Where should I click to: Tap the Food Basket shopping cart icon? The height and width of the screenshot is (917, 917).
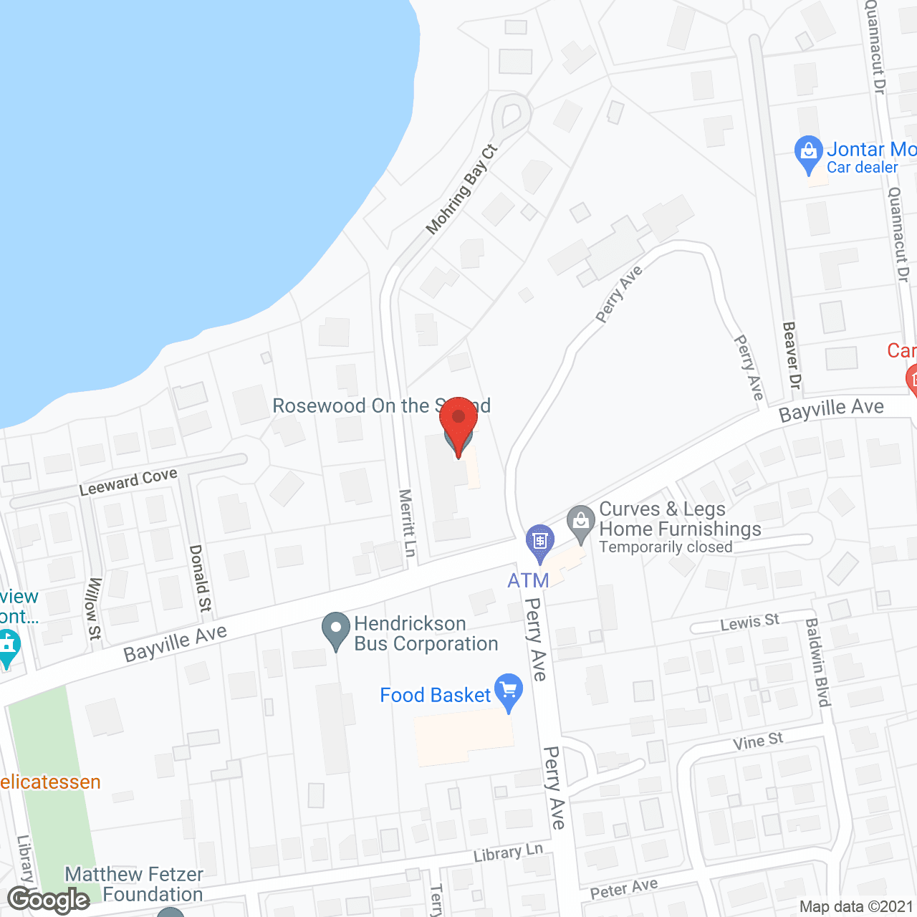point(509,691)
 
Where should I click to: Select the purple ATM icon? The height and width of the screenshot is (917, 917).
point(539,542)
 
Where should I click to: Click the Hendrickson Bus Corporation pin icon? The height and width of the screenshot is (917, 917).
point(335,630)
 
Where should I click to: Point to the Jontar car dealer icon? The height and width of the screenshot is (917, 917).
point(808,153)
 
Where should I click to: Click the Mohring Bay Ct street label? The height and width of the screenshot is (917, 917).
point(461,190)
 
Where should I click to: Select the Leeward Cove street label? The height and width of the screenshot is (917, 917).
point(128,482)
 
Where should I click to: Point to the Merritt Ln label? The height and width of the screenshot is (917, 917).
point(407,523)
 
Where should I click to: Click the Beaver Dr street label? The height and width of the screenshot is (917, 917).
point(791,355)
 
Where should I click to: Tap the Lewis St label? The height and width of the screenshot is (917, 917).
point(749,622)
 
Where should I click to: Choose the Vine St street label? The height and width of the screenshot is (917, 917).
point(758,741)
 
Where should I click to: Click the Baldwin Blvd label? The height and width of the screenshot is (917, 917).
point(817,663)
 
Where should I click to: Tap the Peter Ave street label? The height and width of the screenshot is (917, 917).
point(623,889)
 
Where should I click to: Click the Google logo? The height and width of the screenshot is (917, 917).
point(49,900)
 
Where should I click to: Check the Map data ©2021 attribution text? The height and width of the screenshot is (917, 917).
point(856,907)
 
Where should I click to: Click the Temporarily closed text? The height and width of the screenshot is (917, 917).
point(666,547)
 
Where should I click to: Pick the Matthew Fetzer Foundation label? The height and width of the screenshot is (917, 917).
point(135,884)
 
